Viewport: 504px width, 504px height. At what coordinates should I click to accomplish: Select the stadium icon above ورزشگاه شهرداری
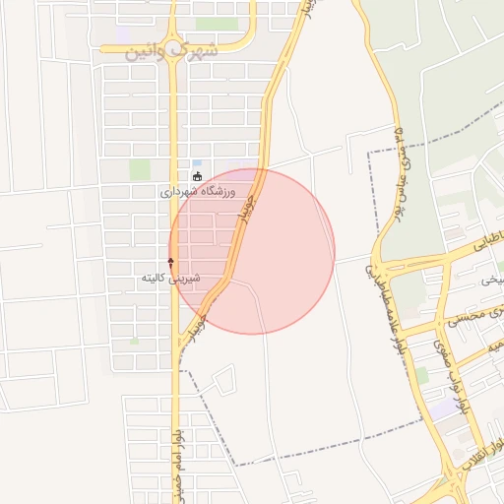point(198,176)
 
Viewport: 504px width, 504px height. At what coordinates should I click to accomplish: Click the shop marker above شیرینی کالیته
point(171,263)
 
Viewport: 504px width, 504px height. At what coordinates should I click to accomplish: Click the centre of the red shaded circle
point(252,251)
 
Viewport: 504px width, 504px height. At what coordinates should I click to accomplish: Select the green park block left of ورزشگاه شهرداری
point(140,169)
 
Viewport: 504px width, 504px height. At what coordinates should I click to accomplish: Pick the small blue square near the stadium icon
point(197,163)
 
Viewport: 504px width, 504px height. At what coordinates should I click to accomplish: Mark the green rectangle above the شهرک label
point(216,24)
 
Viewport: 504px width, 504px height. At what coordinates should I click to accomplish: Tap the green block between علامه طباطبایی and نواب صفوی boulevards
point(421,375)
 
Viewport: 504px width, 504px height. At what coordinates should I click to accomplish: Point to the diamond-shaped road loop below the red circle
point(224,378)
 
